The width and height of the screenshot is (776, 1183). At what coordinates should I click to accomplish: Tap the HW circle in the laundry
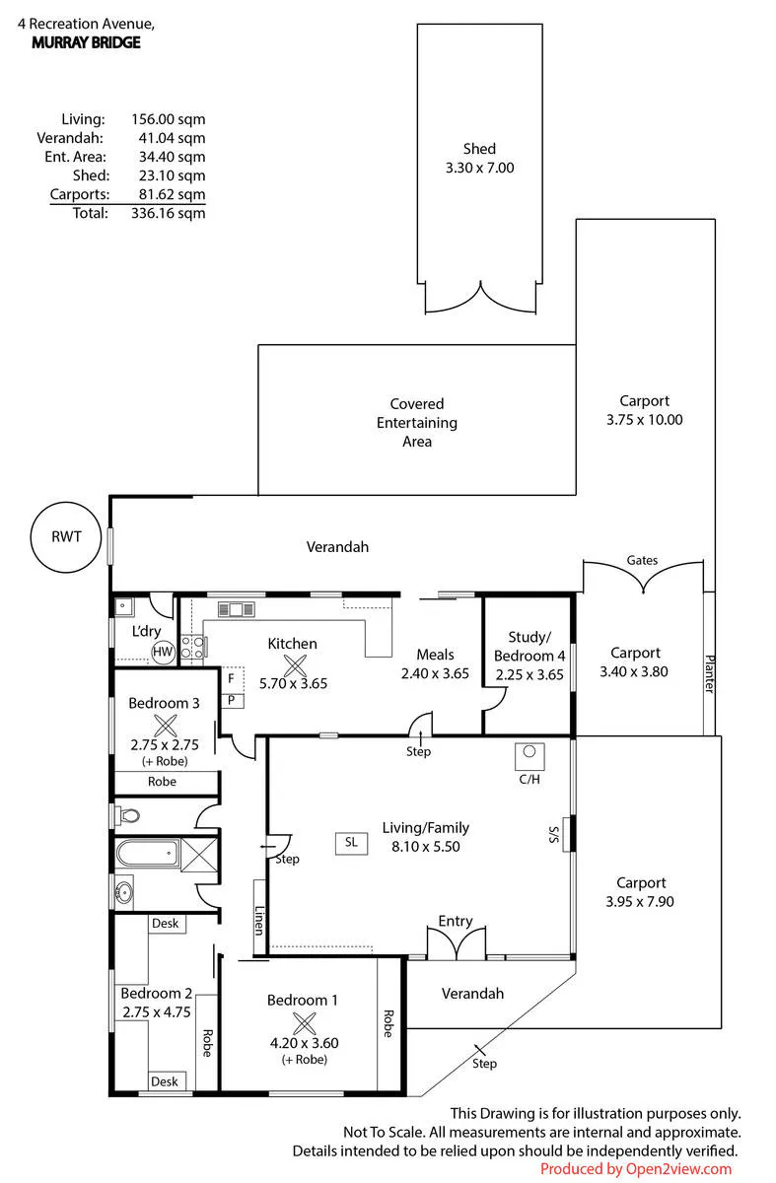(x=163, y=652)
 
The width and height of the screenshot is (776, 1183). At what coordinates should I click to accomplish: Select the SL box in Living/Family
(x=351, y=842)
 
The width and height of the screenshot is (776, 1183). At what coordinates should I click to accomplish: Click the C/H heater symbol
(x=529, y=756)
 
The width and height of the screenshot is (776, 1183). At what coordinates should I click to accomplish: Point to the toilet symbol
(x=127, y=815)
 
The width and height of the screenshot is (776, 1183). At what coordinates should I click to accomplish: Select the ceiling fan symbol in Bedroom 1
(x=305, y=1023)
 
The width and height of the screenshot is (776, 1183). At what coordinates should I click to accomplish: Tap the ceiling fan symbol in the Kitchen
(x=295, y=665)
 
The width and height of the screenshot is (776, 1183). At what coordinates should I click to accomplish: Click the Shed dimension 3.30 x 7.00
(x=479, y=168)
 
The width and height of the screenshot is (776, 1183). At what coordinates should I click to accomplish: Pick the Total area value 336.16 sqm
(x=168, y=213)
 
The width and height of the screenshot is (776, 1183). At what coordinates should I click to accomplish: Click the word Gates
(x=642, y=560)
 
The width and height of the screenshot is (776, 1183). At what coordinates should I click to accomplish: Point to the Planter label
(x=709, y=674)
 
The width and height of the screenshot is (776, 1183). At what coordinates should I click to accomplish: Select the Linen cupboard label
(x=259, y=921)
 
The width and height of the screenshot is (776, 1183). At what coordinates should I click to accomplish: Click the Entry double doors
(x=456, y=943)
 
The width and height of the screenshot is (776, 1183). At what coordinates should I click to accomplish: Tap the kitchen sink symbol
(x=236, y=609)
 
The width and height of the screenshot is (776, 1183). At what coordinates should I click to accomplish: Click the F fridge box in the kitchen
(x=231, y=678)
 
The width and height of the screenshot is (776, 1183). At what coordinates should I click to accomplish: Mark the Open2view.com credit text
(x=636, y=1169)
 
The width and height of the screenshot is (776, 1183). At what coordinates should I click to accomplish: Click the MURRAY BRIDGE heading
(x=86, y=42)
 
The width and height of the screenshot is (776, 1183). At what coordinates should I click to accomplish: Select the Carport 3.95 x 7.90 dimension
(x=640, y=901)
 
